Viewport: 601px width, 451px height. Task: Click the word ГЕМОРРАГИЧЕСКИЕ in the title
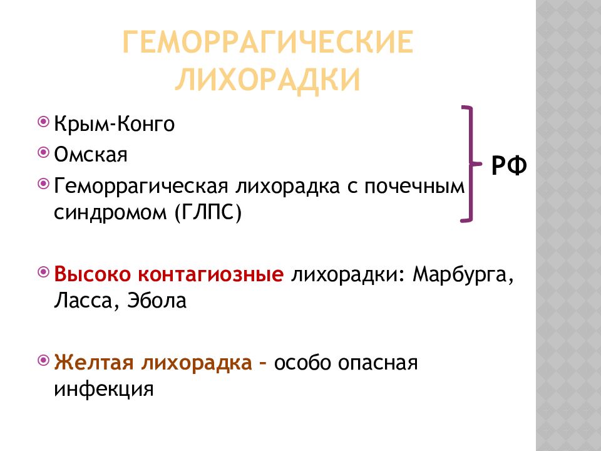[267, 41]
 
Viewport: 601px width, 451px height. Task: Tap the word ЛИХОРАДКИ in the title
[267, 80]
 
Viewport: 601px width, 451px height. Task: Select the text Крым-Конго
[114, 124]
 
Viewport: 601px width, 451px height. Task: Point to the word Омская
[90, 155]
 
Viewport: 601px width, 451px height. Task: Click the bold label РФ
[509, 165]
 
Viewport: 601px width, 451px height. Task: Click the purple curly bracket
[471, 163]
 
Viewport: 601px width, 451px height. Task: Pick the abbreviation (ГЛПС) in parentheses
[208, 212]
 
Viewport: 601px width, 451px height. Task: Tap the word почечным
[414, 187]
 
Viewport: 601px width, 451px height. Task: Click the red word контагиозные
[211, 274]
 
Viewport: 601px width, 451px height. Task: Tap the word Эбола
[157, 300]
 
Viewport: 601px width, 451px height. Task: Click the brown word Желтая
[94, 362]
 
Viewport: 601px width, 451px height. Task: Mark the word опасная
[378, 363]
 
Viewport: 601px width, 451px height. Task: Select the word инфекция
[103, 390]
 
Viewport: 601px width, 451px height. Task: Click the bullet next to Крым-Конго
[44, 122]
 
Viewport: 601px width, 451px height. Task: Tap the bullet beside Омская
[44, 153]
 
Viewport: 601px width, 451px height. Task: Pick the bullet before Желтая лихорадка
[44, 360]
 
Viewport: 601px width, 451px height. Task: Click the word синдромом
[110, 213]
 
